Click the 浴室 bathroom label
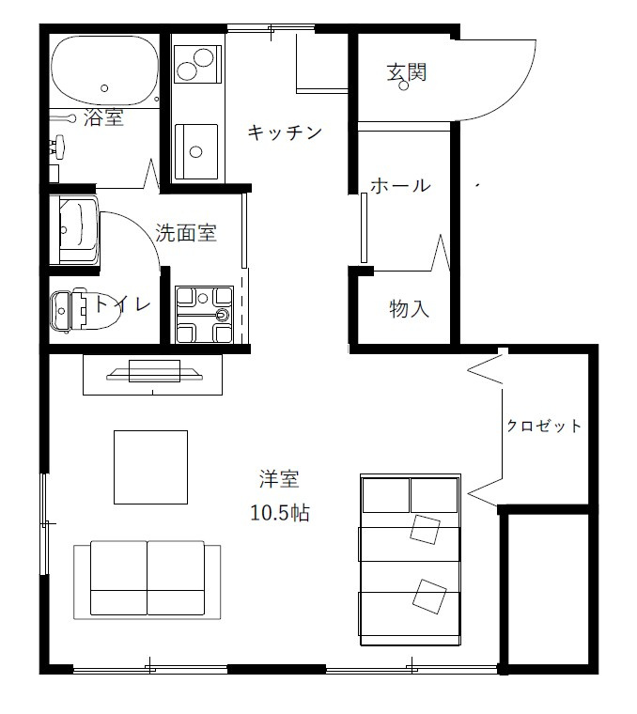[103, 117]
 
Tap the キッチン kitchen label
[285, 132]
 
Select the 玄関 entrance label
[407, 71]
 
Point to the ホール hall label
[399, 185]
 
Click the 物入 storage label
[409, 308]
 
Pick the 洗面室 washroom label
[186, 233]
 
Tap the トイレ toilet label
[121, 303]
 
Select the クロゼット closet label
[544, 426]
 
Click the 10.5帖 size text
[280, 513]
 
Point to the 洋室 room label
[279, 479]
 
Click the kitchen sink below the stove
[195, 149]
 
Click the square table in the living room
[150, 467]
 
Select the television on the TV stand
[154, 373]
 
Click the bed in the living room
[411, 561]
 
